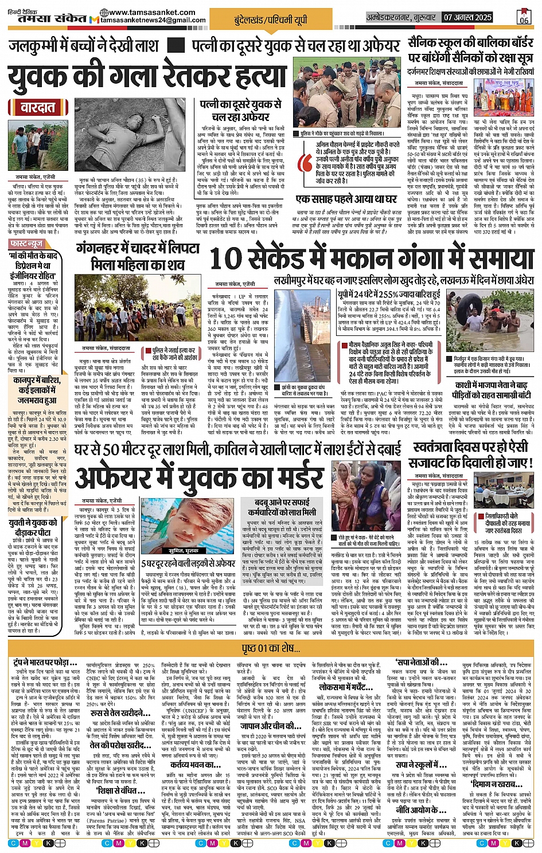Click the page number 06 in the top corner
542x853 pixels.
pyautogui.click(x=524, y=17)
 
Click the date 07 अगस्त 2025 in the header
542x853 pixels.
pyautogui.click(x=467, y=17)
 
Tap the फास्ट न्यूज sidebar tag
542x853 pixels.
pyautogui.click(x=26, y=245)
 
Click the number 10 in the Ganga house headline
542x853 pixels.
pyautogui.click(x=227, y=259)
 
